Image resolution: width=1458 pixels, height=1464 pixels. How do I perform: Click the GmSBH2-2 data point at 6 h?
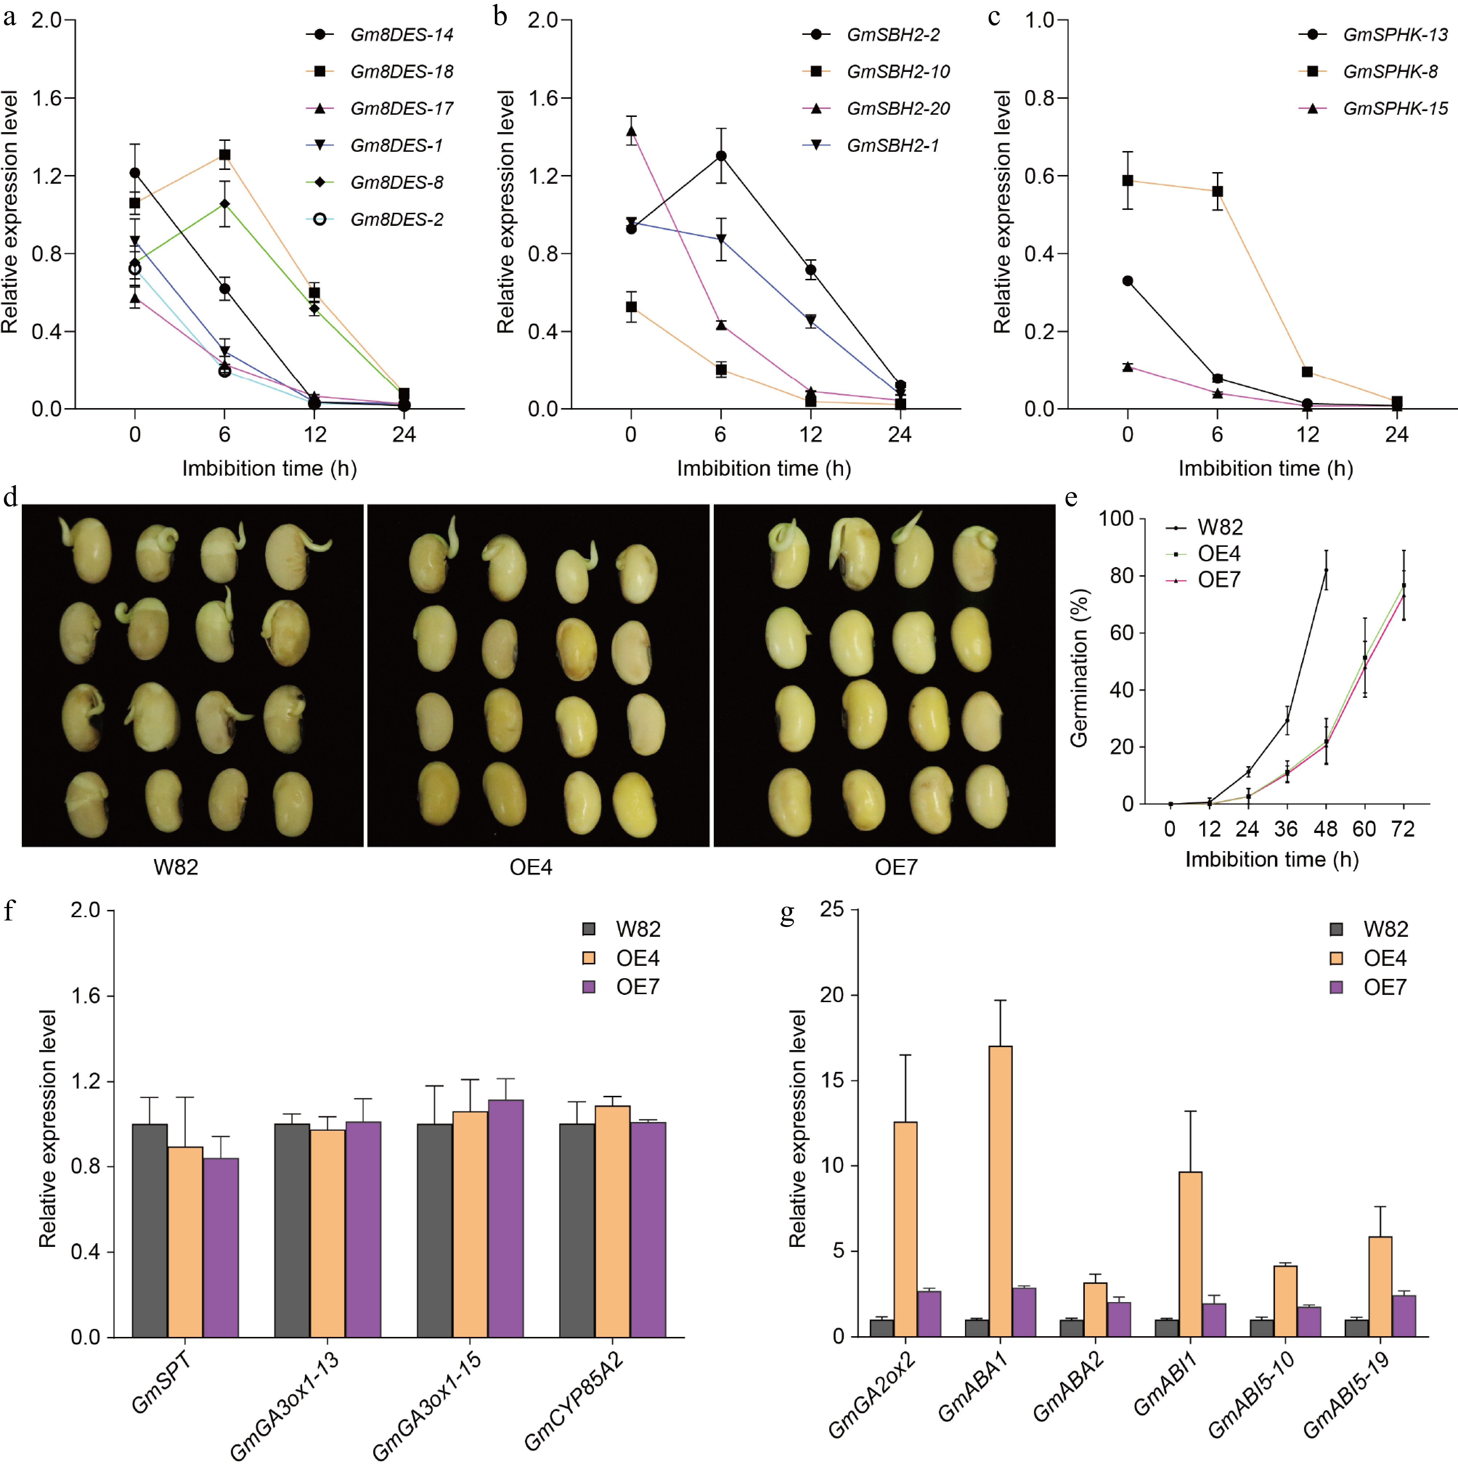pyautogui.click(x=721, y=156)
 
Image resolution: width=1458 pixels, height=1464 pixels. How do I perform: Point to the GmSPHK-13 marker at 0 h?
pyautogui.click(x=1128, y=281)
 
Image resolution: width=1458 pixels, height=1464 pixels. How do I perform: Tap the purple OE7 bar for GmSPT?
pyautogui.click(x=220, y=1247)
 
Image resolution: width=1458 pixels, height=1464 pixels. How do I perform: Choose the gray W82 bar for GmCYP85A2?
pyautogui.click(x=577, y=1229)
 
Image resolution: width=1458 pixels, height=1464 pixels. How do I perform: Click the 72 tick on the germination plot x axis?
pyautogui.click(x=1403, y=829)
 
